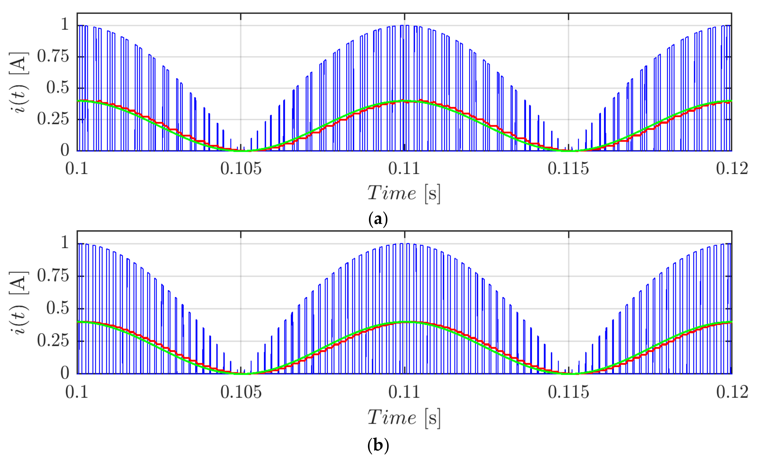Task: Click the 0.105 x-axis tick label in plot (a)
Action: tap(241, 169)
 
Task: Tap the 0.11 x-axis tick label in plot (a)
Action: tap(404, 169)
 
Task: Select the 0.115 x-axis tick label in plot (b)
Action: tap(568, 392)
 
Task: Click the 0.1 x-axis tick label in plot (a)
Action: tap(77, 169)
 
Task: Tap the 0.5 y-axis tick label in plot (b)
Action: tap(57, 308)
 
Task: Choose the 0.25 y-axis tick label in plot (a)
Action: tap(53, 119)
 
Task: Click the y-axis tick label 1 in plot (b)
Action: tap(65, 243)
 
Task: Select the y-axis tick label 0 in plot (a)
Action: tap(65, 150)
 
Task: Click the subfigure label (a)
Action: tap(378, 219)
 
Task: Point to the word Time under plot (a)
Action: tap(392, 193)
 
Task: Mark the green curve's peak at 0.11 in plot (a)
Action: tap(404, 101)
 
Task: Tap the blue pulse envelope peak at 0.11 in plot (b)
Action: tap(404, 244)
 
